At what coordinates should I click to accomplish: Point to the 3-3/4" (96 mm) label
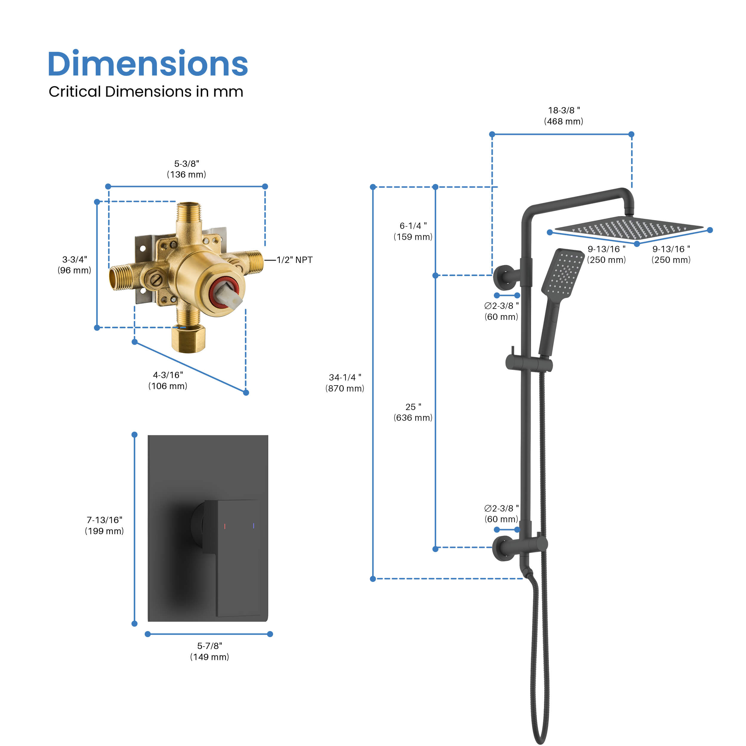(x=75, y=265)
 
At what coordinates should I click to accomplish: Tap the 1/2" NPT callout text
(x=294, y=260)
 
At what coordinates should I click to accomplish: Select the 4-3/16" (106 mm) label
(x=168, y=380)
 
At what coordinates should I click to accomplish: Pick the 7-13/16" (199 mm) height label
(x=104, y=525)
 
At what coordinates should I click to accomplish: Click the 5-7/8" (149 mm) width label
(x=210, y=651)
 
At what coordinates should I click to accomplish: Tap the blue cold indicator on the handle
(x=254, y=525)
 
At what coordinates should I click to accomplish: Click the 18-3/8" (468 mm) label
(x=564, y=116)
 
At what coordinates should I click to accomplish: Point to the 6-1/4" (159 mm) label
(x=413, y=231)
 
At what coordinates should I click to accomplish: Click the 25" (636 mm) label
(x=413, y=412)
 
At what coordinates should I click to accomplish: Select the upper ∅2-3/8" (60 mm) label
(x=501, y=311)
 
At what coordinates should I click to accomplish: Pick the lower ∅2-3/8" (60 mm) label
(x=501, y=514)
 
